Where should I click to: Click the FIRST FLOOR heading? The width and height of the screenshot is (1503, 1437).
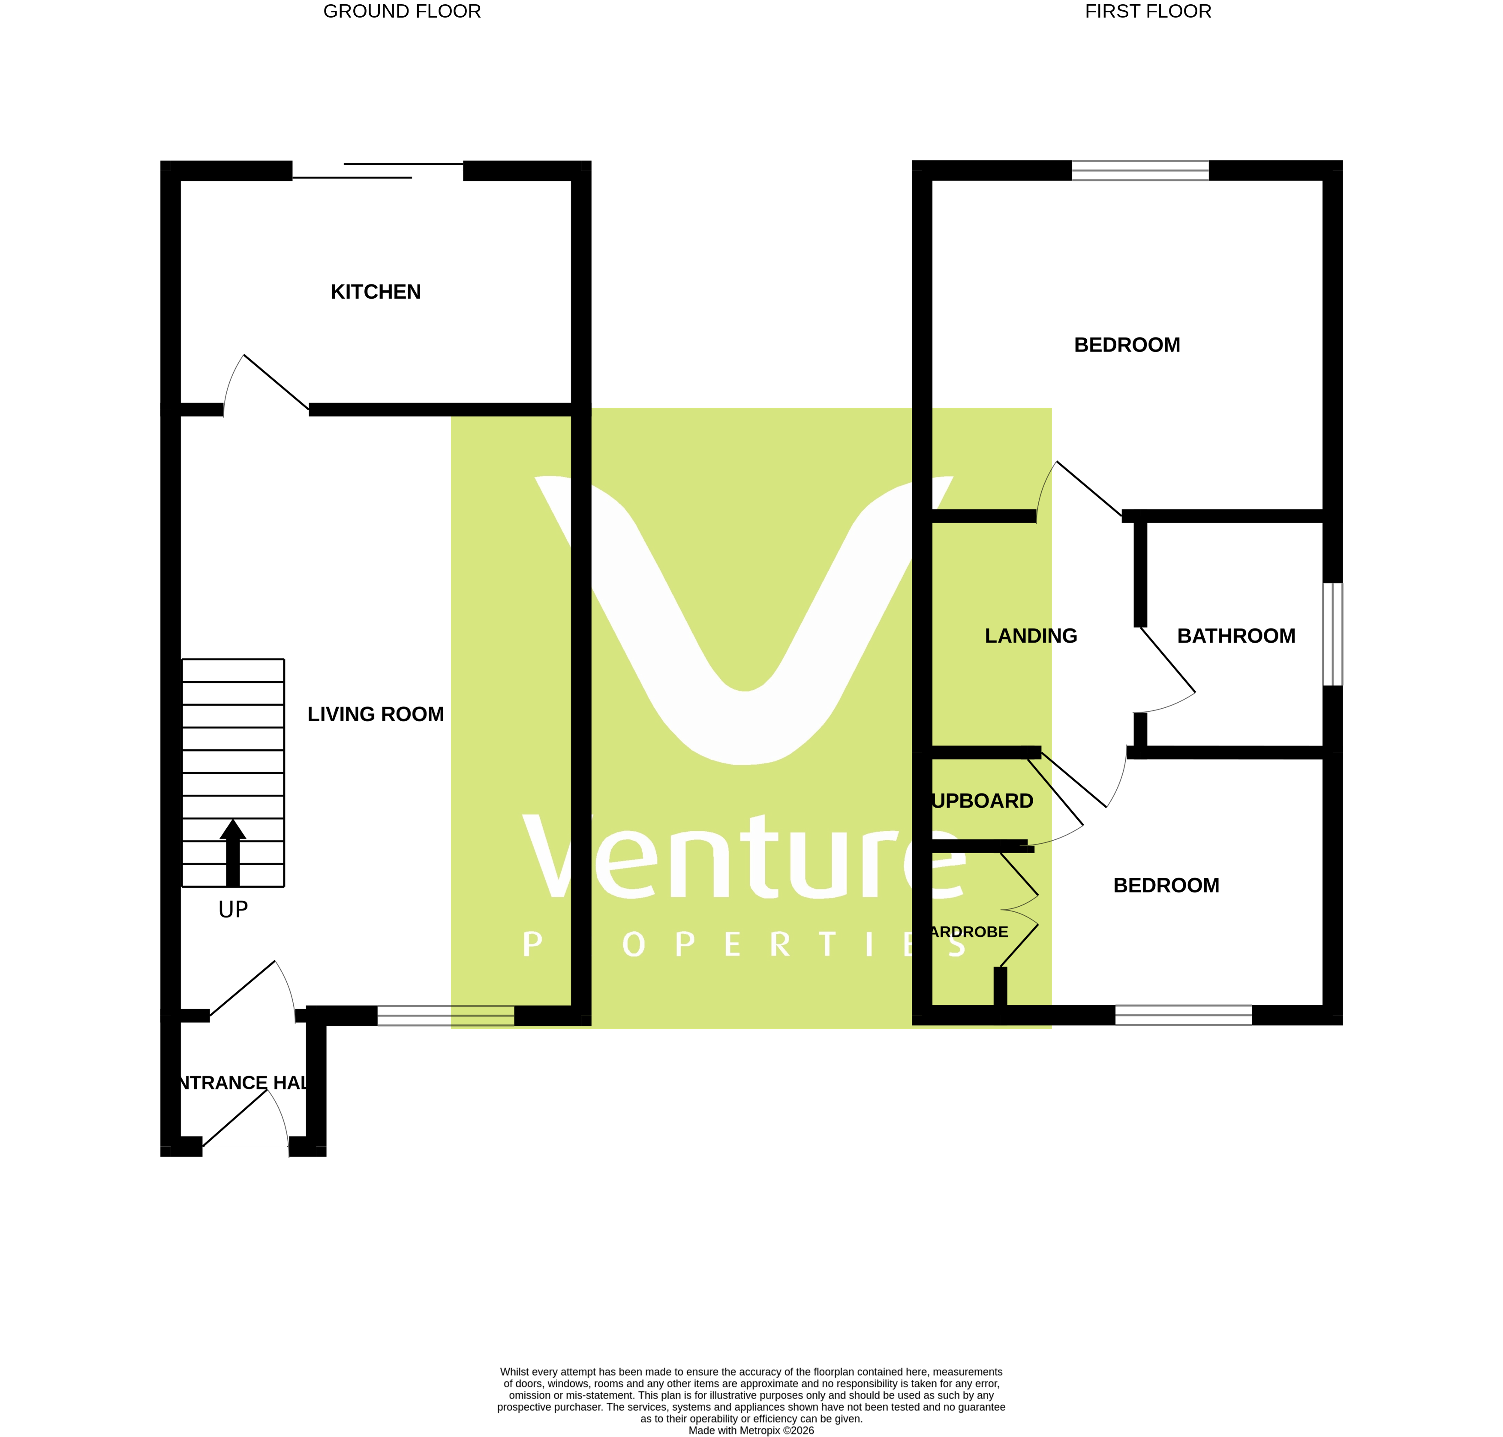point(1148,12)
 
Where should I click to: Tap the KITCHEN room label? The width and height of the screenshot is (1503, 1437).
point(376,292)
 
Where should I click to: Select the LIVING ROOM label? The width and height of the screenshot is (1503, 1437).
point(376,714)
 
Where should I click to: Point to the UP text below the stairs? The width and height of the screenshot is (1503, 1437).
point(233,909)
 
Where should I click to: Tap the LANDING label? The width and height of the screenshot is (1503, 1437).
point(1030,636)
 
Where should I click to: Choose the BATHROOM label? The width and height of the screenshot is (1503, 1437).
point(1235,636)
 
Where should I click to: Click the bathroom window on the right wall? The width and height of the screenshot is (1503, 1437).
point(1332,634)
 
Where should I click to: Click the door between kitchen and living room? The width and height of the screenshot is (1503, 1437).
point(275,382)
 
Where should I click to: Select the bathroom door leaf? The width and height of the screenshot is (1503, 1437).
point(1167,659)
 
